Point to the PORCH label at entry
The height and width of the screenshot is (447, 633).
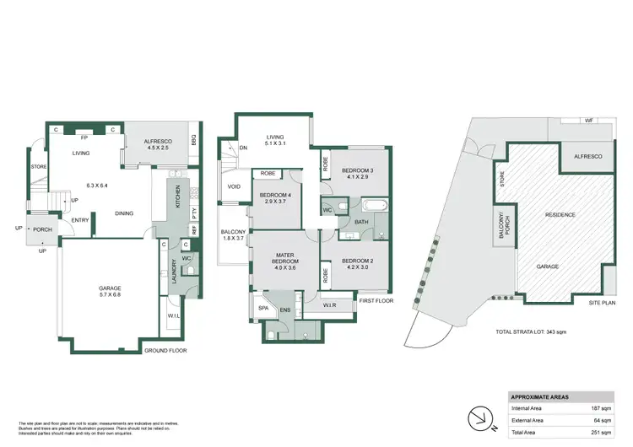tap(42, 229)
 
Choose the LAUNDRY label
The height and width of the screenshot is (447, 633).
tap(175, 270)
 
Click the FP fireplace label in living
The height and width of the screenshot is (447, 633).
tap(84, 137)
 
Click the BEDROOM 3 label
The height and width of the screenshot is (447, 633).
tap(359, 174)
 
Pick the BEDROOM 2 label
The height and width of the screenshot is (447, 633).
tap(357, 264)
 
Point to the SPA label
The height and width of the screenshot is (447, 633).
tap(262, 309)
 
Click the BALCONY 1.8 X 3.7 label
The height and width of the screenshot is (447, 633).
tap(233, 235)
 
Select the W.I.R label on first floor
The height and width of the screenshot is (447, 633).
tap(329, 307)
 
